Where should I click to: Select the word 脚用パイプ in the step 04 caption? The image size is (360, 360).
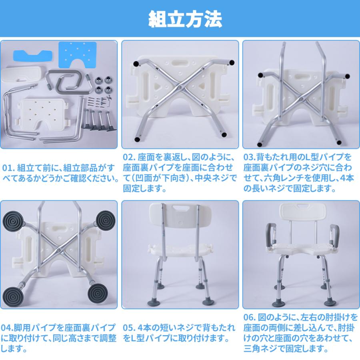(25, 328)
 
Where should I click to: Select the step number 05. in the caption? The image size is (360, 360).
(129, 328)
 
